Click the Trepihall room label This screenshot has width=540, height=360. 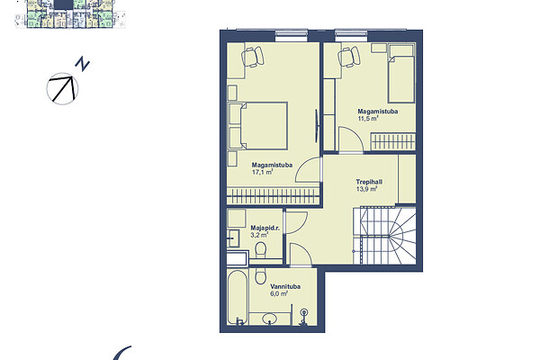click(369, 182)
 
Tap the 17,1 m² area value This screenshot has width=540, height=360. click(263, 172)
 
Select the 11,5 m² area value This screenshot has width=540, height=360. click(368, 119)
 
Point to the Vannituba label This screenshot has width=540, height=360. click(285, 286)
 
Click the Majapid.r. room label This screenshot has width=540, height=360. click(265, 228)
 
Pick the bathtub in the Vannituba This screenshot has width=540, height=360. click(238, 297)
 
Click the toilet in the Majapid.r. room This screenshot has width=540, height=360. click(261, 250)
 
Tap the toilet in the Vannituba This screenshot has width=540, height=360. click(261, 275)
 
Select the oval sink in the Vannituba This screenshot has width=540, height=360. click(271, 318)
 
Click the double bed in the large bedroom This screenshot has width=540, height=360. click(264, 126)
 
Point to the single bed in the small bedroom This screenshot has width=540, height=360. click(401, 74)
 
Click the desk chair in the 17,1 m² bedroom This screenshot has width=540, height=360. click(253, 57)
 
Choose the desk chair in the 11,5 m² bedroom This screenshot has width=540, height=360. click(349, 57)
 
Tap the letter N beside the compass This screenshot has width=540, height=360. click(83, 65)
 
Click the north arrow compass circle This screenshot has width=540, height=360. click(62, 88)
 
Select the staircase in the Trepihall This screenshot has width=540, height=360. click(384, 236)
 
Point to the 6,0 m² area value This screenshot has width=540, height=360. click(279, 294)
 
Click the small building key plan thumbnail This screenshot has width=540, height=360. click(70, 13)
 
